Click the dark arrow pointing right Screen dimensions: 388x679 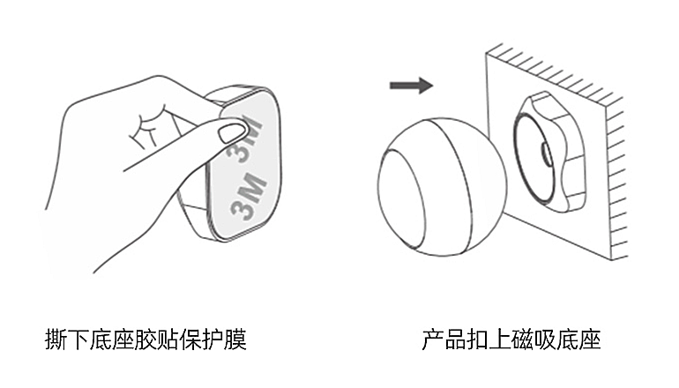411,86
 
